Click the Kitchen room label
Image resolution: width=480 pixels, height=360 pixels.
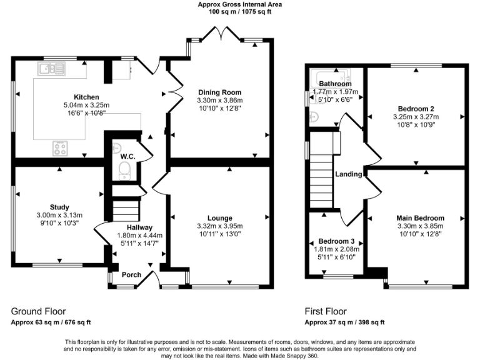[x=86, y=97]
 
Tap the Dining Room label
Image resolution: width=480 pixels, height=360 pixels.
[x=220, y=92]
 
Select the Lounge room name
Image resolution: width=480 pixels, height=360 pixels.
[x=220, y=218]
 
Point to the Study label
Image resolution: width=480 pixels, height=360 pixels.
[x=59, y=207]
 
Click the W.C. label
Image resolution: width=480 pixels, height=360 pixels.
[x=127, y=157]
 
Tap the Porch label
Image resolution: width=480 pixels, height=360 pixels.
[x=132, y=274]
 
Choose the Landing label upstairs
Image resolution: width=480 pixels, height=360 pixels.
[x=349, y=174]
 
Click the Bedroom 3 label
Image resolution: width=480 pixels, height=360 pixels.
[x=336, y=241]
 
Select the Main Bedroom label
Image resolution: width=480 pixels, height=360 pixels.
[x=420, y=218]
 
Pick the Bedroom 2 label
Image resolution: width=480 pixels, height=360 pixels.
[x=416, y=109]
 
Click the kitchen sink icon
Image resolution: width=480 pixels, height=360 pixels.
[x=51, y=69]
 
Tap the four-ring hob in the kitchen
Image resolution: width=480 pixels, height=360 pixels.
[x=60, y=148]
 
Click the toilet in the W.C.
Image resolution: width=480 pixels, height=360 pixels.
[x=124, y=171]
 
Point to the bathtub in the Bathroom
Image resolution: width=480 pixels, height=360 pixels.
[x=330, y=79]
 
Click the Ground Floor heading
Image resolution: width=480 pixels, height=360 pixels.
[x=38, y=312]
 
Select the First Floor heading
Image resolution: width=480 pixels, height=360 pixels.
[x=326, y=312]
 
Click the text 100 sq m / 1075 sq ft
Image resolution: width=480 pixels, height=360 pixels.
[x=240, y=12]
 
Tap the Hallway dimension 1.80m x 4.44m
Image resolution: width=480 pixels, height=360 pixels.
[x=139, y=236]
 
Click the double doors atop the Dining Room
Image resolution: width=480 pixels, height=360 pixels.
[x=221, y=33]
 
